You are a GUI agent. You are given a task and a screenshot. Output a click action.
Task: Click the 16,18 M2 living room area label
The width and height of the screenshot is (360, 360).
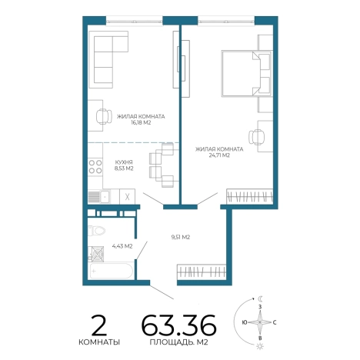pyautogui.click(x=141, y=123)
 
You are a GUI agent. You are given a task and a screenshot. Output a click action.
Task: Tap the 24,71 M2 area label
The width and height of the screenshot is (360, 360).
pyautogui.click(x=219, y=155)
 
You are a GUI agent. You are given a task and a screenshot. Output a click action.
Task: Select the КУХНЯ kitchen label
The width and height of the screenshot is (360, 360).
pyautogui.click(x=124, y=162)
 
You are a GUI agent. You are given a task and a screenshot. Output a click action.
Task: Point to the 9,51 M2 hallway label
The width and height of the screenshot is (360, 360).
pyautogui.click(x=181, y=238)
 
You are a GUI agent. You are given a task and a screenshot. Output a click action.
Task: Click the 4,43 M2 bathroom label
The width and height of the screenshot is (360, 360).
pyautogui.click(x=122, y=246)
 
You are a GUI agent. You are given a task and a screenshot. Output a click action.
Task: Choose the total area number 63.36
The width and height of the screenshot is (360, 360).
pyautogui.click(x=179, y=325)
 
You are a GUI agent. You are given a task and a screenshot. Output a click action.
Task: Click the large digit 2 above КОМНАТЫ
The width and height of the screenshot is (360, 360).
pyautogui.click(x=99, y=325)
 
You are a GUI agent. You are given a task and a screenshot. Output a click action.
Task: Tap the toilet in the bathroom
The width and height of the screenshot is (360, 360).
pyautogui.click(x=96, y=231)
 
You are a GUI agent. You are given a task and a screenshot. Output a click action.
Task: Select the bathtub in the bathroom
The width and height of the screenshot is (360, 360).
pyautogui.click(x=111, y=271)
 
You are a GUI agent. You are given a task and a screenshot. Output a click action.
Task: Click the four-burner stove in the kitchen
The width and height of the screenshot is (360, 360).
pyautogui.click(x=95, y=167)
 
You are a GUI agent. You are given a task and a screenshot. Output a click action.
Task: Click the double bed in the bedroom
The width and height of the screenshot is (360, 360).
pyautogui.click(x=247, y=74)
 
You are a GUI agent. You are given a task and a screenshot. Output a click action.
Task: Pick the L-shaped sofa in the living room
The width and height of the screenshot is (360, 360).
pyautogui.click(x=108, y=60)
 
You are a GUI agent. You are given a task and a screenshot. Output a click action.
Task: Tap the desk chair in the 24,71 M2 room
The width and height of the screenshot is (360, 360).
pyautogui.click(x=256, y=137)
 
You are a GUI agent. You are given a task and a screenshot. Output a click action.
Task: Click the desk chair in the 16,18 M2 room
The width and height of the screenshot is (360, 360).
pyautogui.click(x=104, y=117)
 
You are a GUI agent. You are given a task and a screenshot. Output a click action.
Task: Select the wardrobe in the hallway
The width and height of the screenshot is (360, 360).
pyautogui.click(x=202, y=272)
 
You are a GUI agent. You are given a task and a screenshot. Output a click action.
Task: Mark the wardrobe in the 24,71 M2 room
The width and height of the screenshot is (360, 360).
pyautogui.click(x=250, y=197)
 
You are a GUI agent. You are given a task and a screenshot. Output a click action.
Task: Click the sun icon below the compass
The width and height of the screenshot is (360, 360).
pyautogui.click(x=260, y=346)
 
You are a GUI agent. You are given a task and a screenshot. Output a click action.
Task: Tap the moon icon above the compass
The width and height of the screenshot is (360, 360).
pyautogui.click(x=261, y=298)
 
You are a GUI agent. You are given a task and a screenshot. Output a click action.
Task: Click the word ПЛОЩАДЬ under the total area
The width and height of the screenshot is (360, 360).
pyautogui.click(x=171, y=342)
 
